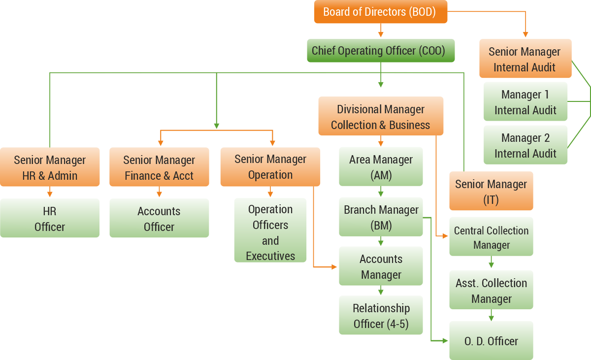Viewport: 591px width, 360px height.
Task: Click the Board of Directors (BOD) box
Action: [x=380, y=12]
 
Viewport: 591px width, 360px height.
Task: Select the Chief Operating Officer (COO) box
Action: [x=380, y=51]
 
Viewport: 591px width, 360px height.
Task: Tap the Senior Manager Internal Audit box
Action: [x=525, y=59]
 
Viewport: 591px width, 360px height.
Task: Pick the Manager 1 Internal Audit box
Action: [x=525, y=102]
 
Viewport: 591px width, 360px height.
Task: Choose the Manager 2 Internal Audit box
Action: [x=525, y=145]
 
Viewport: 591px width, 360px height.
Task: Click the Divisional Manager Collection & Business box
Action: [x=380, y=117]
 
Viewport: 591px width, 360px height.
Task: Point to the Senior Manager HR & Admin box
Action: [x=50, y=167]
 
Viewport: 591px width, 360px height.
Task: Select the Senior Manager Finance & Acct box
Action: [x=159, y=167]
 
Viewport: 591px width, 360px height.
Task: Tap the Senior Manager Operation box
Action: [x=270, y=167]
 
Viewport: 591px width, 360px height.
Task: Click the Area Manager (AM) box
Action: [x=381, y=167]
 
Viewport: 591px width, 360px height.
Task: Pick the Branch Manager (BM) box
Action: [x=381, y=217]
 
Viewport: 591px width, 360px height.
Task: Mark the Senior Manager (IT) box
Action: [x=491, y=191]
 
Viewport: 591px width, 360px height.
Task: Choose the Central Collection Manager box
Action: [x=491, y=237]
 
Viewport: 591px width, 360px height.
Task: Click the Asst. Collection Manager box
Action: [x=491, y=290]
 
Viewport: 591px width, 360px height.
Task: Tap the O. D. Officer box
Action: [x=491, y=341]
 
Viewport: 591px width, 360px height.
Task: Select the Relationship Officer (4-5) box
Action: [x=381, y=316]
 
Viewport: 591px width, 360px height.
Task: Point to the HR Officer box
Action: [x=50, y=219]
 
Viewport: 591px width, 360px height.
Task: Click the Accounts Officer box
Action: [x=159, y=219]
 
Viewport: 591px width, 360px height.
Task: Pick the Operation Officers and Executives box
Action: [x=270, y=232]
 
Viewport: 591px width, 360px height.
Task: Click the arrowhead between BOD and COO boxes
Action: [x=380, y=34]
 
